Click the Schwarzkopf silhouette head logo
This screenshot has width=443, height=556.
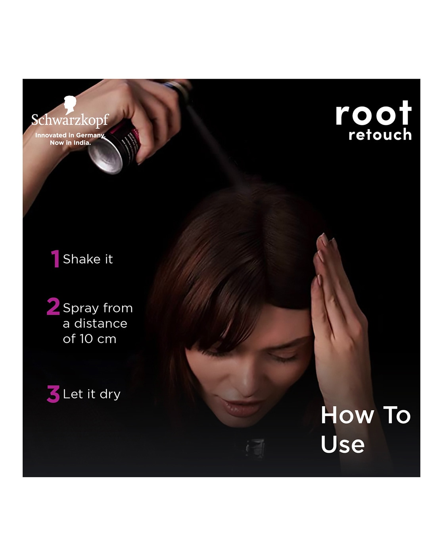tap(70, 104)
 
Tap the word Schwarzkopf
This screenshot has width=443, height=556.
tap(70, 120)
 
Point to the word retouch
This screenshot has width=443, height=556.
tap(380, 135)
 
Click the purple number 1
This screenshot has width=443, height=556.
tap(55, 258)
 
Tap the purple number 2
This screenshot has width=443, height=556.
tap(53, 307)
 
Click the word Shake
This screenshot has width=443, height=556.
tap(82, 259)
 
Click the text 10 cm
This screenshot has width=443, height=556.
tap(98, 339)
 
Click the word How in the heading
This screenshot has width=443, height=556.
tap(347, 415)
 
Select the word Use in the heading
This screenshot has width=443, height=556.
tap(343, 444)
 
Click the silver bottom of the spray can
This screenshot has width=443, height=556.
tap(105, 155)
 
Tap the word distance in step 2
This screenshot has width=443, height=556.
tap(101, 323)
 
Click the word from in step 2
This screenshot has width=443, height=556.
tap(118, 308)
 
